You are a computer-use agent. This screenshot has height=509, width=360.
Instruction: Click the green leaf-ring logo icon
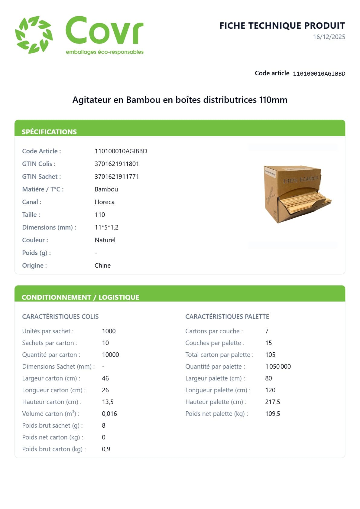(x=34, y=35)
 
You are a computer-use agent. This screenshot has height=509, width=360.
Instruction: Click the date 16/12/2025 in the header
(x=329, y=37)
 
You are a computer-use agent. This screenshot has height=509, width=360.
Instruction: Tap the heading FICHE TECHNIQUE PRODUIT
(x=282, y=26)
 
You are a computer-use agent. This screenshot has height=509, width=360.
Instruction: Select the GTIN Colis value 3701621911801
(x=117, y=164)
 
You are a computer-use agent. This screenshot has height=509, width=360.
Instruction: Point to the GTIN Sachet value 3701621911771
(x=117, y=177)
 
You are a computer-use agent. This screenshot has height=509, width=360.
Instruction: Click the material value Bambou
(x=106, y=189)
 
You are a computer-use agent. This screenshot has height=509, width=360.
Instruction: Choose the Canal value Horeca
(x=104, y=202)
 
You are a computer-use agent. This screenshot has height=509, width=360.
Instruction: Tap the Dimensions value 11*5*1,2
(x=106, y=227)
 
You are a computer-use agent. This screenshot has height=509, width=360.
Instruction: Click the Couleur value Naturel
(x=105, y=240)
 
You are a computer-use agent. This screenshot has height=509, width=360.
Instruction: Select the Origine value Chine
(x=102, y=266)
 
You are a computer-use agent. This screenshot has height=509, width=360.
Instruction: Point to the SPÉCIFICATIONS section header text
(x=49, y=132)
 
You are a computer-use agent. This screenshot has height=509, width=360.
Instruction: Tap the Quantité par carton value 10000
(x=110, y=355)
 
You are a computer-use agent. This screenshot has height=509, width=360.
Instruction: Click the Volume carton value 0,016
(x=109, y=414)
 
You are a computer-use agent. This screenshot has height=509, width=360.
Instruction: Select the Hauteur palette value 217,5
(x=272, y=402)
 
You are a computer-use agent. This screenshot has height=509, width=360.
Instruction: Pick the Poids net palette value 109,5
(x=272, y=414)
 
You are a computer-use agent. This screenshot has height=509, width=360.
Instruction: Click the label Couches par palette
(x=215, y=343)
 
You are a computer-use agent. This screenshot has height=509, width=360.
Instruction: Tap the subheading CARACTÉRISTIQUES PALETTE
(x=227, y=317)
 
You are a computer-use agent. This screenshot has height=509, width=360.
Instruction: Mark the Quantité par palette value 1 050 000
(x=278, y=367)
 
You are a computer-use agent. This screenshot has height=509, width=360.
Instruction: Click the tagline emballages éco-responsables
(x=105, y=52)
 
